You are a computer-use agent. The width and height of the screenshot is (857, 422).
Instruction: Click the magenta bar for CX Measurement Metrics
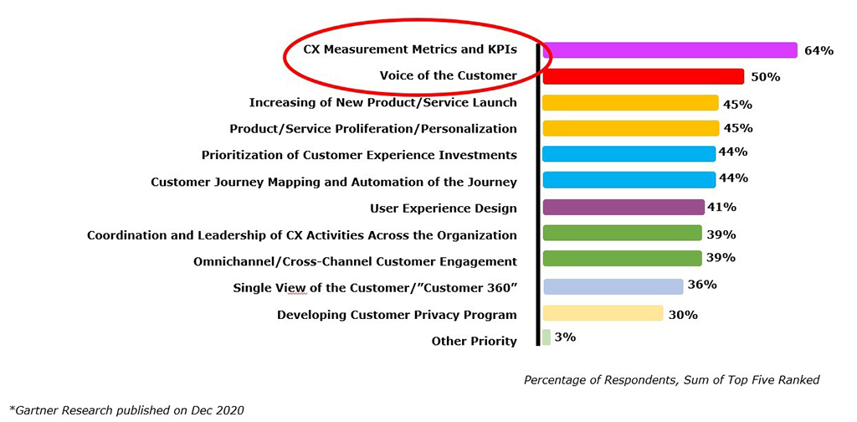click(x=670, y=50)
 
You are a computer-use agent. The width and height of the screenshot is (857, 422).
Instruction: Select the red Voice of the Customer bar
click(x=644, y=76)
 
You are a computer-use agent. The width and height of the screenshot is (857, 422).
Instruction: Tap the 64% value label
click(x=819, y=51)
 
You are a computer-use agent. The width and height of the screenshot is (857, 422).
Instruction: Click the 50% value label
click(x=765, y=77)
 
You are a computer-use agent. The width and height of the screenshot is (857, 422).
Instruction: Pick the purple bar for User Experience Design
click(x=624, y=207)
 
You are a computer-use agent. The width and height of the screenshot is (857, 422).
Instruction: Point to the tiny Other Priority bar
click(x=547, y=337)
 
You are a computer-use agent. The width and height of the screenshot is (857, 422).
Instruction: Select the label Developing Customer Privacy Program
click(x=397, y=315)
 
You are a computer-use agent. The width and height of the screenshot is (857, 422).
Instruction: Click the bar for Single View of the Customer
click(x=613, y=286)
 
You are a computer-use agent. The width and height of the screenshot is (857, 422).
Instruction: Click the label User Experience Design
click(x=444, y=208)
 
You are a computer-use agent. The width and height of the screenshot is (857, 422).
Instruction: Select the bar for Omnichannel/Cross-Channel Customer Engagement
click(x=622, y=258)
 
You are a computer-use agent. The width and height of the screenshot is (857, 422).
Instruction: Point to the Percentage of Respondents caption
click(x=672, y=380)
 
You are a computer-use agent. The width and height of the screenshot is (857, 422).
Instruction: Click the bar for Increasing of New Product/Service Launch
click(x=630, y=103)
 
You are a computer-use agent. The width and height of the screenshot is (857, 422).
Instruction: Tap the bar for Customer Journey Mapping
click(x=629, y=179)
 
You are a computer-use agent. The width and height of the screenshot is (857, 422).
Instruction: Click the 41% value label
click(x=722, y=207)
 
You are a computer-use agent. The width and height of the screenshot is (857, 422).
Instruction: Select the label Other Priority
click(x=474, y=342)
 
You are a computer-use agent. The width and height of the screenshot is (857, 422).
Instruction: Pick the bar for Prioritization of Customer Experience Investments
click(x=629, y=154)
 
